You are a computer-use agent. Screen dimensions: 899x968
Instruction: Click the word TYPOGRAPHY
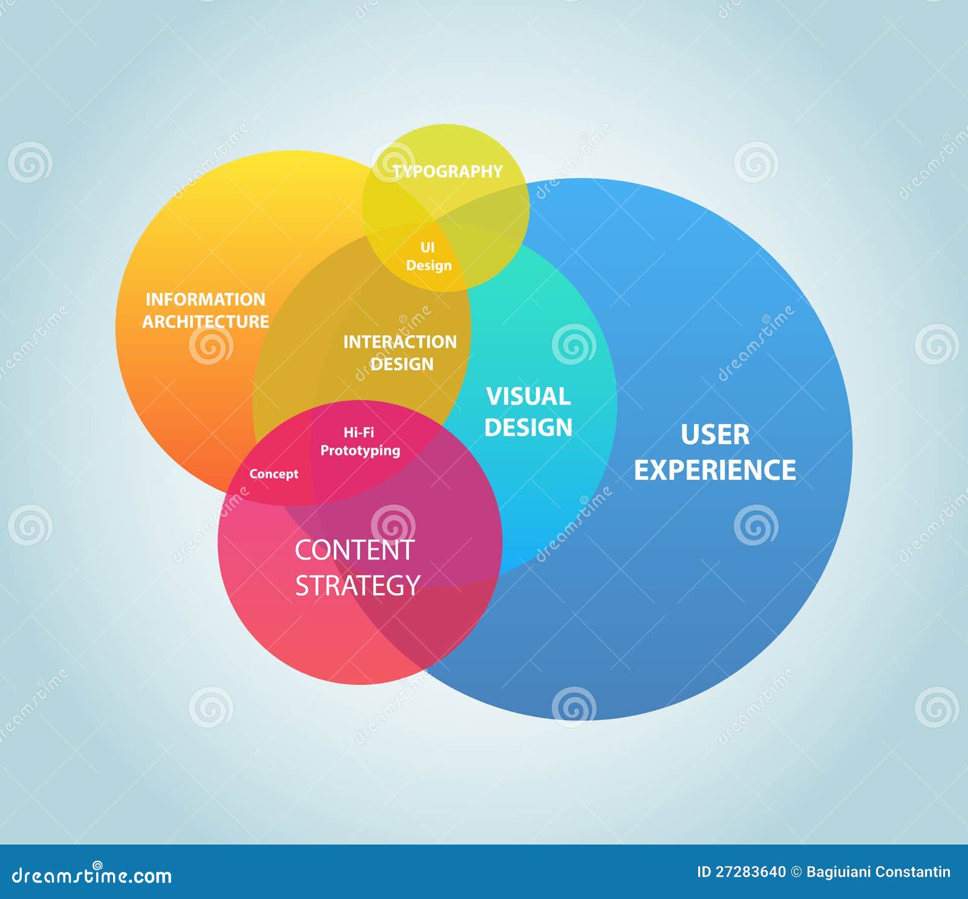pyautogui.click(x=448, y=171)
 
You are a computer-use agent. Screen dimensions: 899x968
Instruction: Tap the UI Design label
pyautogui.click(x=428, y=257)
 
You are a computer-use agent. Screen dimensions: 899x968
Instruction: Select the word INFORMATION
pyautogui.click(x=206, y=299)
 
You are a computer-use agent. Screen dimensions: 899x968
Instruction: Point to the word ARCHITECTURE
pyautogui.click(x=206, y=321)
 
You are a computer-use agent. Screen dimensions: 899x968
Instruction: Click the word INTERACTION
pyautogui.click(x=400, y=342)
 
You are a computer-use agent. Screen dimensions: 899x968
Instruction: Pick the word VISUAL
pyautogui.click(x=528, y=396)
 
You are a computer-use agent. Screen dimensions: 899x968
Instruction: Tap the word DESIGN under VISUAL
pyautogui.click(x=528, y=427)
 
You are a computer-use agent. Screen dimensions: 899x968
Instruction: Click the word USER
pyautogui.click(x=715, y=434)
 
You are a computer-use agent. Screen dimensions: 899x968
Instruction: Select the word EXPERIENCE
pyautogui.click(x=715, y=470)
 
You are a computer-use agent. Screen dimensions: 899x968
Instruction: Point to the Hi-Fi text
pyautogui.click(x=359, y=432)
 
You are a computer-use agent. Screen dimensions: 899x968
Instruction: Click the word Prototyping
pyautogui.click(x=360, y=450)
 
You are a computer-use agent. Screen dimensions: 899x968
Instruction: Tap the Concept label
pyautogui.click(x=274, y=474)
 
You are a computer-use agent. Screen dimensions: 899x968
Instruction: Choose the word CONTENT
pyautogui.click(x=354, y=550)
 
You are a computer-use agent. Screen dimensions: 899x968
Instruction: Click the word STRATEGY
pyautogui.click(x=358, y=585)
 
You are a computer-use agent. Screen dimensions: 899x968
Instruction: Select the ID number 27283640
pyautogui.click(x=750, y=872)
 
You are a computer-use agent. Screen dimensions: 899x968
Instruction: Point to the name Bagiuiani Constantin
pyautogui.click(x=878, y=872)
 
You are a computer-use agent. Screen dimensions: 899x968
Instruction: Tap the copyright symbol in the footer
pyautogui.click(x=796, y=872)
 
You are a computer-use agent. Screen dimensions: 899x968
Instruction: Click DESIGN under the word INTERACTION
pyautogui.click(x=402, y=364)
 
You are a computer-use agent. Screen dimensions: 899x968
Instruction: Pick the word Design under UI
pyautogui.click(x=429, y=265)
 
